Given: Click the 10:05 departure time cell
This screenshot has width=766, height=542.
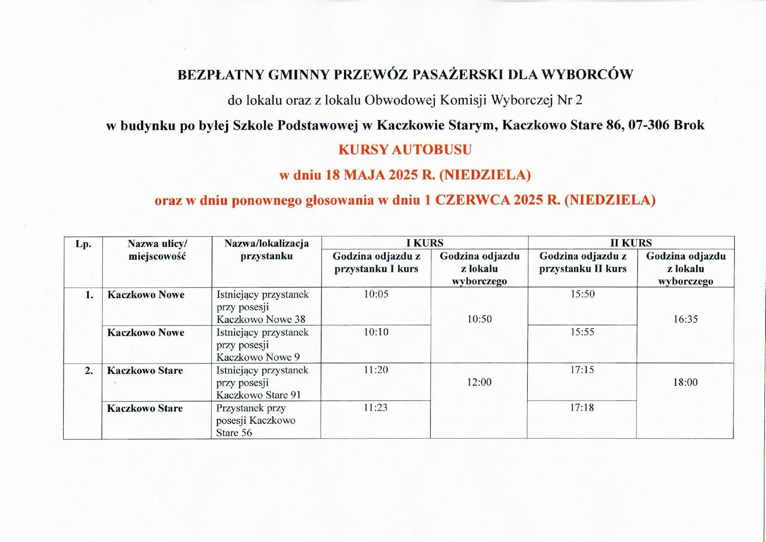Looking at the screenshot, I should click(x=376, y=294).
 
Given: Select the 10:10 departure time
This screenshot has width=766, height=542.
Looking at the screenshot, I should click(x=376, y=332).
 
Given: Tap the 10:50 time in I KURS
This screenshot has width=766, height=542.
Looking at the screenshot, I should click(x=479, y=319).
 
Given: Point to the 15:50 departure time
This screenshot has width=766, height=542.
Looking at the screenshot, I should click(x=583, y=294).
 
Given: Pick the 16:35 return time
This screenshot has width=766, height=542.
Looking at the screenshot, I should click(x=685, y=319).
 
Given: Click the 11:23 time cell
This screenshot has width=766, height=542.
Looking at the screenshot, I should click(x=375, y=408).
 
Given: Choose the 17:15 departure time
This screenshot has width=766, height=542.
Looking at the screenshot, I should click(x=582, y=370).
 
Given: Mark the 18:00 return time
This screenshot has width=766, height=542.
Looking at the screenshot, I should click(x=685, y=382).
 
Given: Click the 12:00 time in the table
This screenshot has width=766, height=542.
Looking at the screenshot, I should click(x=479, y=382).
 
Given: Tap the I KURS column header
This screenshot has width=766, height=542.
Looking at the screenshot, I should click(x=425, y=243).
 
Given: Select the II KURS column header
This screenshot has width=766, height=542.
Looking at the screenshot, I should click(x=631, y=243).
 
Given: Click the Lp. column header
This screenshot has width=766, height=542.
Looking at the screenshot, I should click(x=83, y=244).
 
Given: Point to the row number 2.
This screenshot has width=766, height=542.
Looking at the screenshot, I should click(x=89, y=370).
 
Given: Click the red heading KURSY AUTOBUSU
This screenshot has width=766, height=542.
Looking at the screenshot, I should click(x=405, y=150).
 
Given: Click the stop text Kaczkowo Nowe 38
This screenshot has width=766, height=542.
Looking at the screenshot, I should click(x=261, y=319).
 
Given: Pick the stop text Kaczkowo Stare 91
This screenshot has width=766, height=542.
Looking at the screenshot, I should click(x=258, y=395).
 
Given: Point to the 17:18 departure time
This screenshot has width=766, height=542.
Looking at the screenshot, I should click(x=582, y=408).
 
